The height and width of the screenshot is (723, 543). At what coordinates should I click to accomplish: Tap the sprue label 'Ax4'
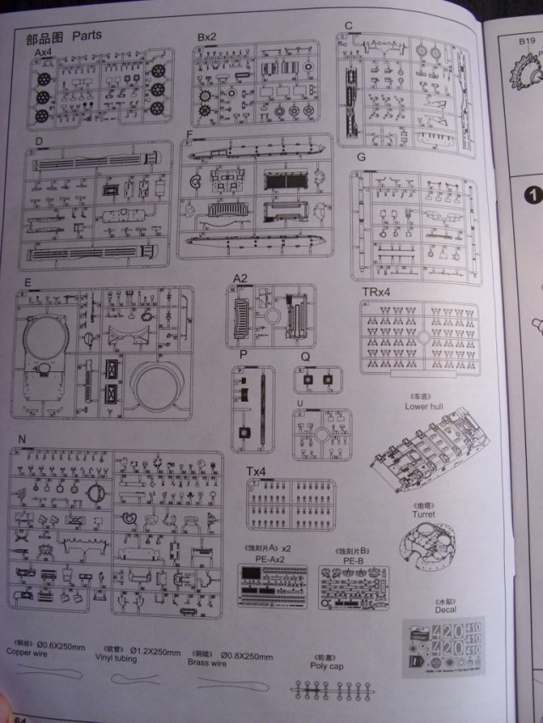(x=42, y=53)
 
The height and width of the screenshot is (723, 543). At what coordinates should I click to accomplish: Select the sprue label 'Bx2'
(x=207, y=38)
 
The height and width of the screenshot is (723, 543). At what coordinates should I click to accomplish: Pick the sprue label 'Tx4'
(x=255, y=471)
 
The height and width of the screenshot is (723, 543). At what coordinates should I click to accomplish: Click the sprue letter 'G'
(x=361, y=159)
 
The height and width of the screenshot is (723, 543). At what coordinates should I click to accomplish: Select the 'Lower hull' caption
(x=425, y=406)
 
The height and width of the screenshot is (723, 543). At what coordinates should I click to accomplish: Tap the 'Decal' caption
(x=445, y=608)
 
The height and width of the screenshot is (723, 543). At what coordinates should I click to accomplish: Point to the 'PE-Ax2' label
(x=273, y=559)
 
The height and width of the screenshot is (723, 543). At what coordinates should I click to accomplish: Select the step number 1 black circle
(x=534, y=194)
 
